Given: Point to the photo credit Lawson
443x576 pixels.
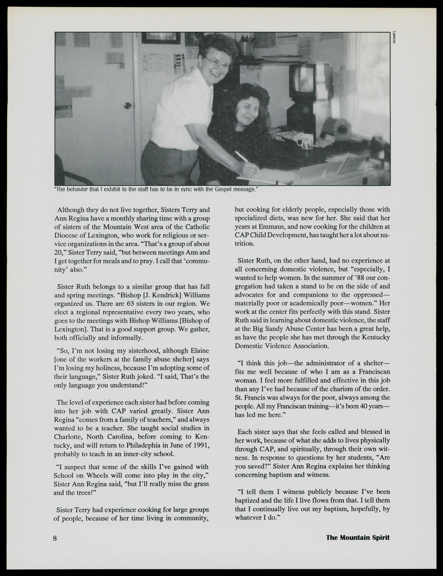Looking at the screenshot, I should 394,37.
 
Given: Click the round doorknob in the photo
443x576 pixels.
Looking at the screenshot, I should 128,105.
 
